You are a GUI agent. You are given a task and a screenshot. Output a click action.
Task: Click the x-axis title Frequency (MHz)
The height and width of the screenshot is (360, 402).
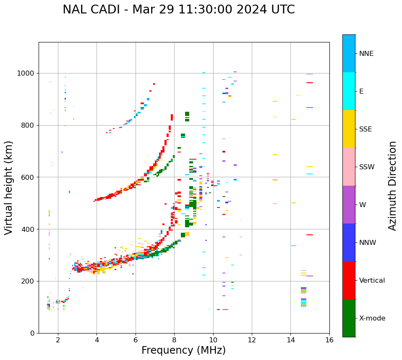[183, 350]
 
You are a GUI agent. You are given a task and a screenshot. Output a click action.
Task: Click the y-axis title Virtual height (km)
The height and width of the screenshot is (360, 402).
[9, 187]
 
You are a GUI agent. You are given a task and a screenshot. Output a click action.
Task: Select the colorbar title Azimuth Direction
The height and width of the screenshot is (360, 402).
[392, 186]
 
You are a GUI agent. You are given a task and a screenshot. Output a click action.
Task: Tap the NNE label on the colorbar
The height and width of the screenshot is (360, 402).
[366, 54]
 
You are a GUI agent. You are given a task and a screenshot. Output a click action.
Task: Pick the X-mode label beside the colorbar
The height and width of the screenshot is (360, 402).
[372, 318]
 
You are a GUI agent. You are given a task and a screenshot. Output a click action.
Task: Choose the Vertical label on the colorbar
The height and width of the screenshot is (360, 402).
[372, 281]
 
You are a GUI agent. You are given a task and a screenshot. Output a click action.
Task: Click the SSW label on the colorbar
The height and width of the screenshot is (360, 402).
[367, 167]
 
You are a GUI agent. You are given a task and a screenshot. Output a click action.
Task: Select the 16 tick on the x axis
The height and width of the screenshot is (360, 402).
[329, 340]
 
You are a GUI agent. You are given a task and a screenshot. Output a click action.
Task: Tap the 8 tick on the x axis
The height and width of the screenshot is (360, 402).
[174, 340]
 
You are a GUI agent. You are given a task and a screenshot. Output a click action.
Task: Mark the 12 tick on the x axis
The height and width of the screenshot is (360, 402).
[252, 340]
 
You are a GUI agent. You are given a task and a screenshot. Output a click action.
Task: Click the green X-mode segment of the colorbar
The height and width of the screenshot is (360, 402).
[349, 318]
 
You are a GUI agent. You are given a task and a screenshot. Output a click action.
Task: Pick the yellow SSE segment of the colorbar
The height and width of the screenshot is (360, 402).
[349, 129]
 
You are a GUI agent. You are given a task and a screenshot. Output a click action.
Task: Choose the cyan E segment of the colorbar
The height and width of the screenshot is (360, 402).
[349, 91]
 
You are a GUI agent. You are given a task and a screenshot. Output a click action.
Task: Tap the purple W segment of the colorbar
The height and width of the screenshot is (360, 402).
[349, 205]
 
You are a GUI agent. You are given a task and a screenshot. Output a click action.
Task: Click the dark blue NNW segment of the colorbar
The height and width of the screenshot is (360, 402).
[349, 242]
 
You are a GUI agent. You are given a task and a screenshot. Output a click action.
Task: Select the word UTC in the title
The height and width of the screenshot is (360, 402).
[282, 10]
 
